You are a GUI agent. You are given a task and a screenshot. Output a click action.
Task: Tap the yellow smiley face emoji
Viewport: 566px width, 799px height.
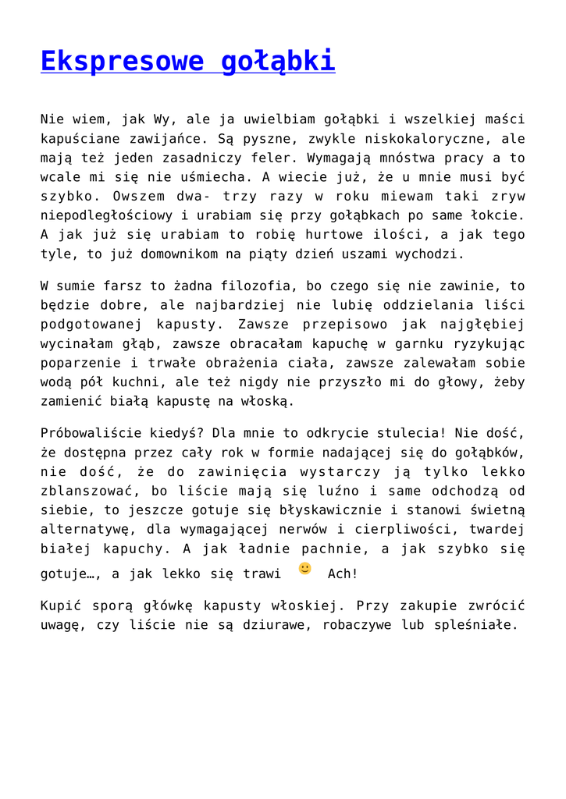coord(304,568)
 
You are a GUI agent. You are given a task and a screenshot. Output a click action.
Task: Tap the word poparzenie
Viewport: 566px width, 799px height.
coord(77,363)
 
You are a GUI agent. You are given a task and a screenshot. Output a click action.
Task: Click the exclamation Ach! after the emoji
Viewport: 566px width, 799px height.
coord(343,574)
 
